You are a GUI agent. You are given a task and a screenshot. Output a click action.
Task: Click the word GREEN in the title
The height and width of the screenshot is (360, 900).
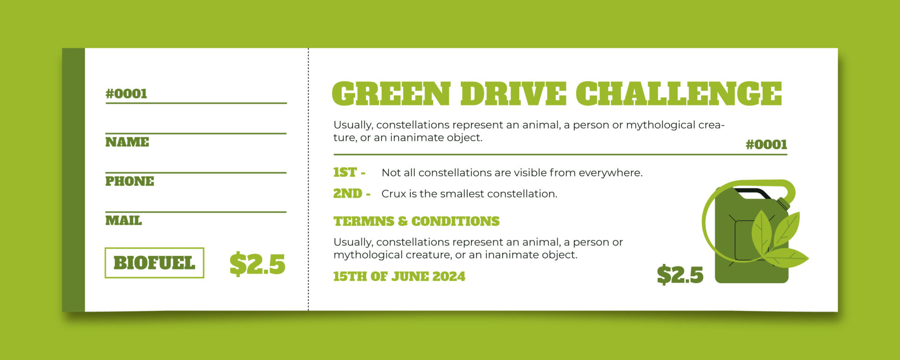pos(391,93)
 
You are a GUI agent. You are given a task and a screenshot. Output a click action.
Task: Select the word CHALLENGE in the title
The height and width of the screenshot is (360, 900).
pos(679,93)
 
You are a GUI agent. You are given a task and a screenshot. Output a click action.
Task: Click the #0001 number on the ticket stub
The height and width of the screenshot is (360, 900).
pos(126,94)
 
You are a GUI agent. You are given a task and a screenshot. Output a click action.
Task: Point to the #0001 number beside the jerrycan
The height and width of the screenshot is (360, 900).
pos(766,144)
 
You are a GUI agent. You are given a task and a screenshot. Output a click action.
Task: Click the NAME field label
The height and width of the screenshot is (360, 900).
pos(127,142)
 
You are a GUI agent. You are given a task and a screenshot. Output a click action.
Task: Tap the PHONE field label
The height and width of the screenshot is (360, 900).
pos(130,181)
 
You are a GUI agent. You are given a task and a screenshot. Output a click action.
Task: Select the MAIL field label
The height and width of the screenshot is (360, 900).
pos(123,220)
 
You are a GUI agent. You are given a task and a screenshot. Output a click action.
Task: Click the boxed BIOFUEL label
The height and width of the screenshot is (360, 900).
pos(154,263)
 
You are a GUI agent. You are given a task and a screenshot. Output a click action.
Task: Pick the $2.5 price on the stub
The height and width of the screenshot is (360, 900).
pos(257,264)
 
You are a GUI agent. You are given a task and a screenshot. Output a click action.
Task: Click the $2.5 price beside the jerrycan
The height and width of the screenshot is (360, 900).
pos(680,274)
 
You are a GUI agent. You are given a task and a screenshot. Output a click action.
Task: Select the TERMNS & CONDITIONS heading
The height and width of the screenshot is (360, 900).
pos(416,221)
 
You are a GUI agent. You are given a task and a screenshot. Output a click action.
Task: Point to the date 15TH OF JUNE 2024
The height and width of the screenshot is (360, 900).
pos(399,277)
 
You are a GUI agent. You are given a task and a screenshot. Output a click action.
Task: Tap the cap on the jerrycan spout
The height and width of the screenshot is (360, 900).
pos(783,204)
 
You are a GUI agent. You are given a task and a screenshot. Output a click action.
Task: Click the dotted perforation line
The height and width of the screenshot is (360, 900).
pos(308,179)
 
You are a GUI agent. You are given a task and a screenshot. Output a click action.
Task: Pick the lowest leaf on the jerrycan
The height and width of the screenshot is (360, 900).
pos(786,258)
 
